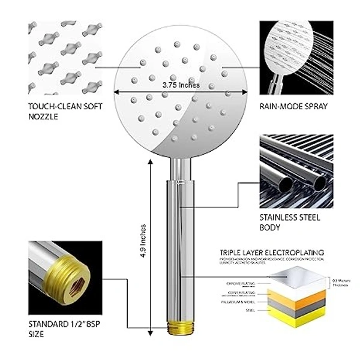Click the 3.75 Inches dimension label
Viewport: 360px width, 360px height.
pos(180,85)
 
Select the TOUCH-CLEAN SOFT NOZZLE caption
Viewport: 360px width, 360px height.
pos(56,111)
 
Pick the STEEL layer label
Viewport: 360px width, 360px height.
pos(251,310)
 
